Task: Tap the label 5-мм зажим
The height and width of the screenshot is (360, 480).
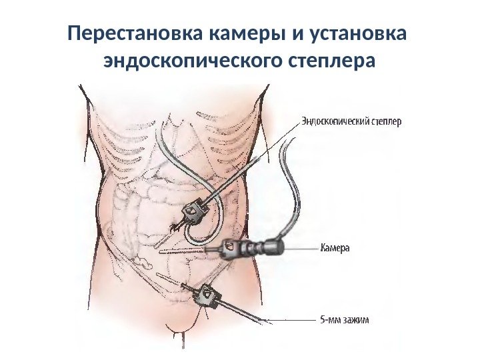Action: tap(345, 319)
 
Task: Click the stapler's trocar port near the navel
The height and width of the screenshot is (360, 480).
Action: tap(193, 211)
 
